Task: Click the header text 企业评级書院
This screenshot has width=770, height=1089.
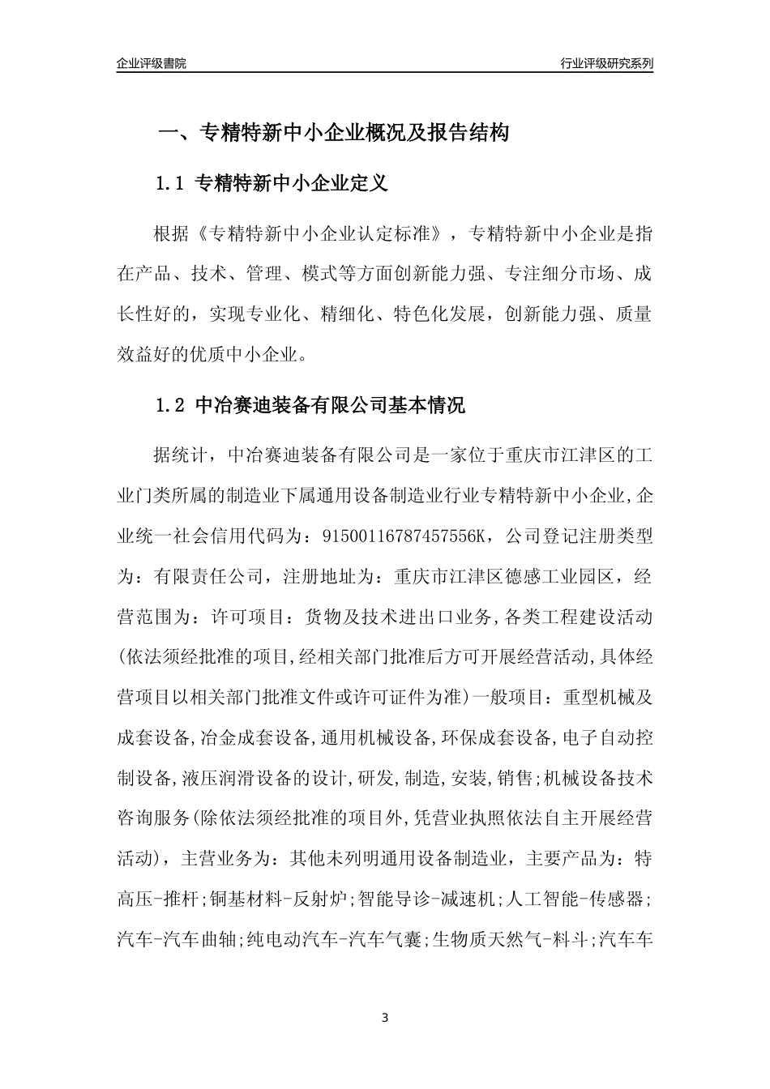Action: [x=152, y=63]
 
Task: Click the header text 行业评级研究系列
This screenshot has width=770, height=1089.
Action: [x=606, y=63]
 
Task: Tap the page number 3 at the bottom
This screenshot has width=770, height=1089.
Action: [x=385, y=1017]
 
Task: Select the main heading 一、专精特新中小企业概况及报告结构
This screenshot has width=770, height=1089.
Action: [x=332, y=133]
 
